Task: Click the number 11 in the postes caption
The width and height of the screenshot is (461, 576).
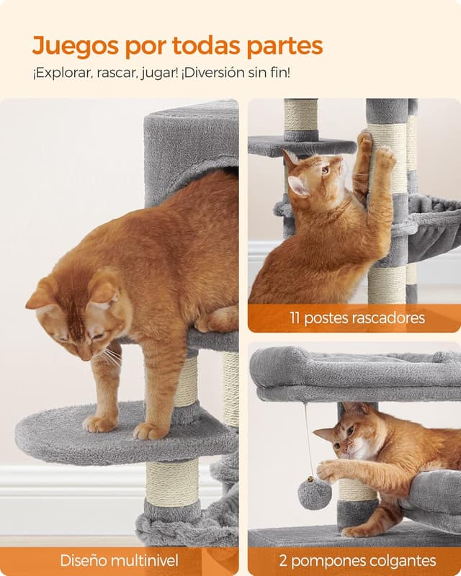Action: (x=296, y=318)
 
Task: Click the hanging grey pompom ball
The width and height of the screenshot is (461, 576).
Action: (x=315, y=494)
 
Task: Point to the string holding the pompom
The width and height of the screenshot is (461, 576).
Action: (x=308, y=439)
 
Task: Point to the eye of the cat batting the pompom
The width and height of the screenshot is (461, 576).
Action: (x=349, y=431)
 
